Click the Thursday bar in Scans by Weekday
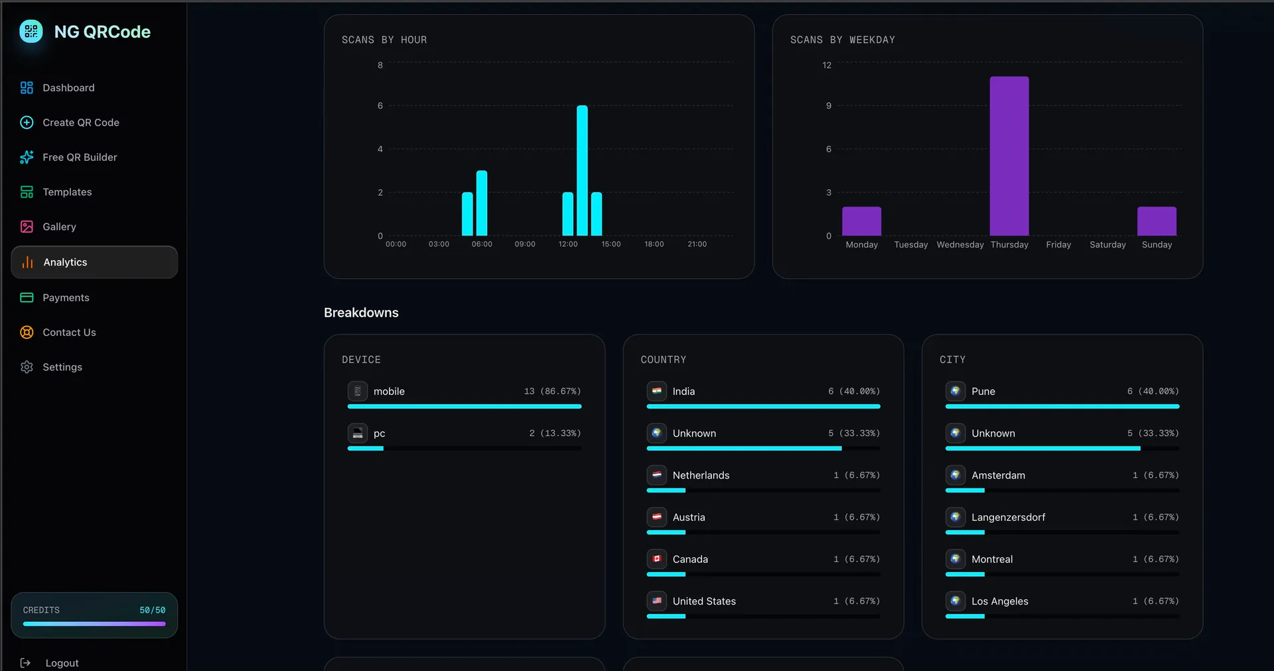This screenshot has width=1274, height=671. point(1009,156)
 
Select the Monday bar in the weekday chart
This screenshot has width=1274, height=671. point(861,221)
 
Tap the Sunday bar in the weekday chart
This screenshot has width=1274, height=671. point(1157,221)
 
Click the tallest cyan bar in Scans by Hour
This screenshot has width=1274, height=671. point(582,171)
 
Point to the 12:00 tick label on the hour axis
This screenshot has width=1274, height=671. point(568,244)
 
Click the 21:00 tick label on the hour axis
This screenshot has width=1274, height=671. point(697,244)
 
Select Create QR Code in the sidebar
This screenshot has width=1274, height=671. point(81,123)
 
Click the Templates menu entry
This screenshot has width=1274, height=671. point(67,192)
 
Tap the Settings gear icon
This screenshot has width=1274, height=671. point(27,367)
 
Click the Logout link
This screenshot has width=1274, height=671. point(62,663)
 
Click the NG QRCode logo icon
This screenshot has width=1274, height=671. point(31,31)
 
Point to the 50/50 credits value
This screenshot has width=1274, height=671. point(153,610)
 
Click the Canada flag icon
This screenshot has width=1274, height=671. point(657,559)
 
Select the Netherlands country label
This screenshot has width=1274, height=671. point(701,475)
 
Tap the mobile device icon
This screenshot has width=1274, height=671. point(358,391)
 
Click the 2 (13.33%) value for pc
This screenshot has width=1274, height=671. point(555,433)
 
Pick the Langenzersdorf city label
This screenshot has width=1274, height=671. point(1008,517)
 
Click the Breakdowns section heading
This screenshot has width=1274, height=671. point(361,313)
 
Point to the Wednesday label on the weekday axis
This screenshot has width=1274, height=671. point(960,245)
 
